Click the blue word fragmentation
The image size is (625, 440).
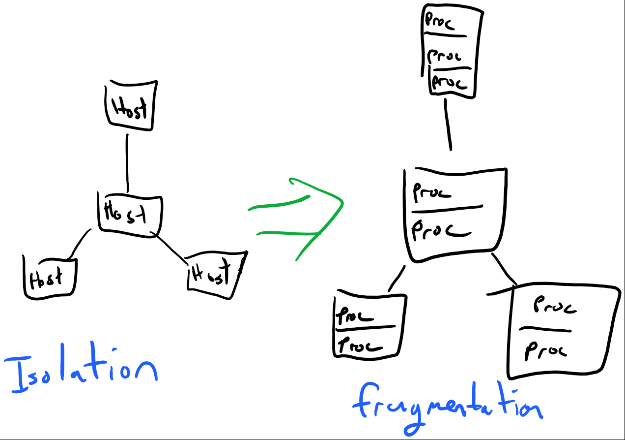coord(447,406)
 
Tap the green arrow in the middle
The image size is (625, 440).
coord(305,217)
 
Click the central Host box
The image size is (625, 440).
coord(129,214)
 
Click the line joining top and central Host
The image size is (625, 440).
coord(127,162)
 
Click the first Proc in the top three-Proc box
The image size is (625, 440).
coord(441,23)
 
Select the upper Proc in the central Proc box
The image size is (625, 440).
coord(432,191)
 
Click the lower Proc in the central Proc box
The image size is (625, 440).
coord(440,230)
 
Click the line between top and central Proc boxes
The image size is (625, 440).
coord(448,124)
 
